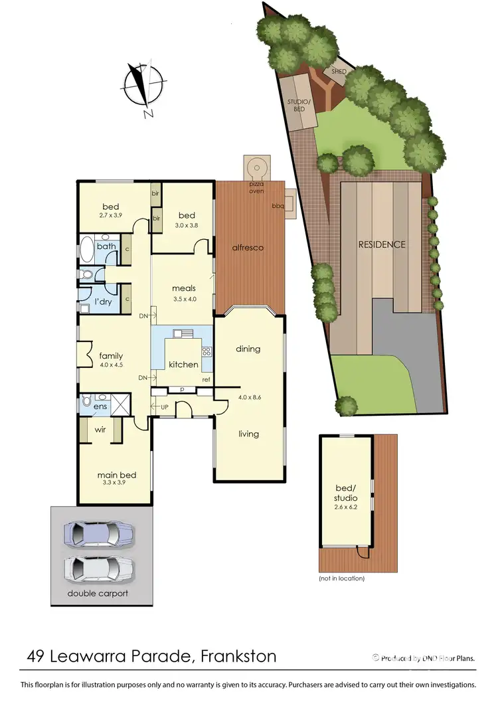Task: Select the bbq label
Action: [x=277, y=206]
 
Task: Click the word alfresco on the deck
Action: [x=248, y=248]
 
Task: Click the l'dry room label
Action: [x=103, y=302]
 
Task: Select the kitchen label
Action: [x=183, y=364]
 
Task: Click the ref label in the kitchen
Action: [x=206, y=380]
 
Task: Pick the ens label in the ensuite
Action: [x=100, y=406]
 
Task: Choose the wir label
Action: [x=100, y=430]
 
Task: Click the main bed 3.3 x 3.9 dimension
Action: [x=117, y=483]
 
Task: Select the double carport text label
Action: [x=98, y=593]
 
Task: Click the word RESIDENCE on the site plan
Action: [x=382, y=244]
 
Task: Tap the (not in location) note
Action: [x=341, y=578]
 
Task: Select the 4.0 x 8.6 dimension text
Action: [x=248, y=398]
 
